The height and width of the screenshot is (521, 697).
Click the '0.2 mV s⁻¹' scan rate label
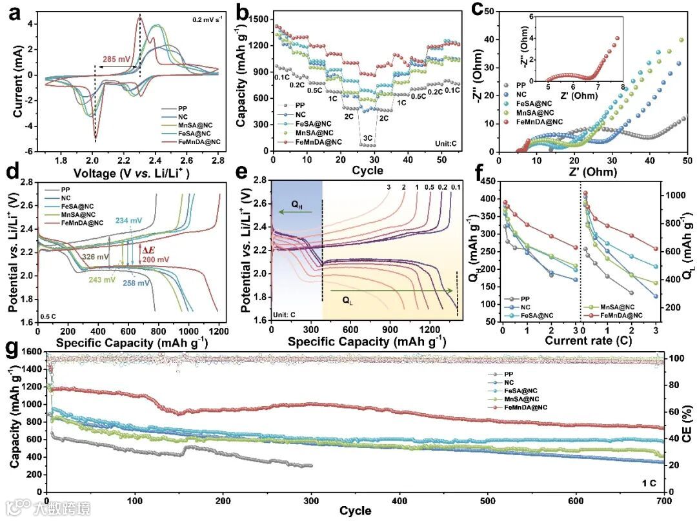(206, 19)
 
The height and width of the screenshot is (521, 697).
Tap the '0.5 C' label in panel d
(50, 315)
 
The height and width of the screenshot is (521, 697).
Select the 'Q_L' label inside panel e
(347, 300)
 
